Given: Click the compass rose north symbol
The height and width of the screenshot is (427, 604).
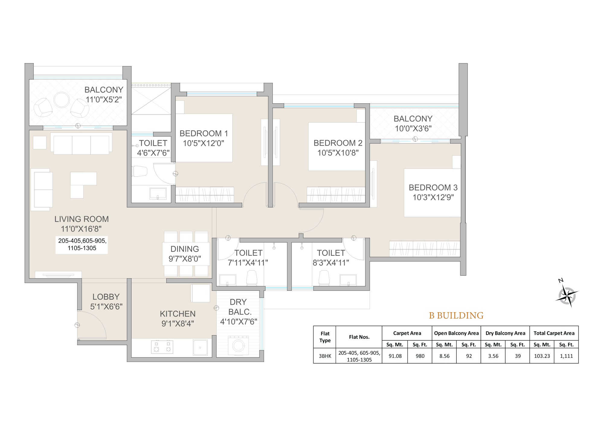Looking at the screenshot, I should (x=567, y=296).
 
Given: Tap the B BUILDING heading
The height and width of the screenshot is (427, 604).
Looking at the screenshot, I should (x=456, y=316).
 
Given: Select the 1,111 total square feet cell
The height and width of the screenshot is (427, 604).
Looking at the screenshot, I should (x=566, y=356).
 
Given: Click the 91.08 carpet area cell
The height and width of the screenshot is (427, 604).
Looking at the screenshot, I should (x=395, y=356).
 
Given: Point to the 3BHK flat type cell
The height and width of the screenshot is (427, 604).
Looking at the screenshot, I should (x=325, y=356).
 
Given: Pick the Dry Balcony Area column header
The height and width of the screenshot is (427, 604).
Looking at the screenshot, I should (x=505, y=333).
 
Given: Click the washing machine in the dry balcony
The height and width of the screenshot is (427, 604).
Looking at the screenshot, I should (x=238, y=345).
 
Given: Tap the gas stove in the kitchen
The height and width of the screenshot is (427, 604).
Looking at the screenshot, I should (x=162, y=347).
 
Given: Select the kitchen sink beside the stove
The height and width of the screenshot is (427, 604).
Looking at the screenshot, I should (x=200, y=347).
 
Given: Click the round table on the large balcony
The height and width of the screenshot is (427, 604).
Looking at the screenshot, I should (x=62, y=100).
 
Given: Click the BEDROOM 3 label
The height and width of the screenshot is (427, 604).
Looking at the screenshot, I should (x=433, y=188).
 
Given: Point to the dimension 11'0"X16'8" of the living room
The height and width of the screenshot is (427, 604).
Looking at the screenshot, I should (x=81, y=229).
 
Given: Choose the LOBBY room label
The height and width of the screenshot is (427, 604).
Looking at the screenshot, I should (x=106, y=297).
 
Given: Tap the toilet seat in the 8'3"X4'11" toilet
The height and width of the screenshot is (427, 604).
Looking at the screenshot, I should (x=324, y=278).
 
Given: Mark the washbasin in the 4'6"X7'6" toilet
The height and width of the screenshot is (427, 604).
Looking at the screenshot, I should (x=158, y=194).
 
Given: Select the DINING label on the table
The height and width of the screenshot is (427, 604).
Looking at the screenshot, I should (x=185, y=249).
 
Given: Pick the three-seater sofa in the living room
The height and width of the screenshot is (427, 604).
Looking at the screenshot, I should (x=81, y=144).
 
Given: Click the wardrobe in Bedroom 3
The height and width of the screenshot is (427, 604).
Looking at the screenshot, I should (x=424, y=249).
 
